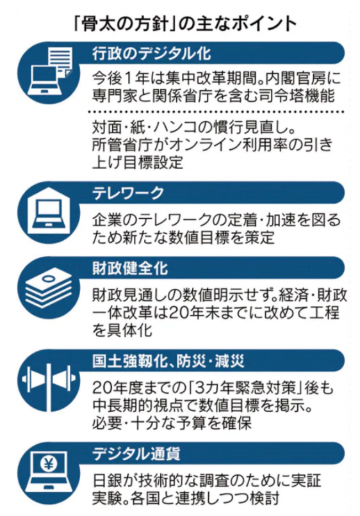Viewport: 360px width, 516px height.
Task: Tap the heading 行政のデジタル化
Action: coord(152,53)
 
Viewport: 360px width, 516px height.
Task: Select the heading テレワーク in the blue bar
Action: coord(128,193)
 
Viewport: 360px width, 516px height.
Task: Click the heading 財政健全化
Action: coord(130,268)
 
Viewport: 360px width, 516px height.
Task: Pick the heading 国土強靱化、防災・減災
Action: coord(168,361)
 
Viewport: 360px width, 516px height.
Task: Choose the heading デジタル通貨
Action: coord(136,454)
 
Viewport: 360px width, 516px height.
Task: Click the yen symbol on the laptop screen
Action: coord(49,464)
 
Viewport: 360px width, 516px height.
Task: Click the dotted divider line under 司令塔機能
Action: coord(216,112)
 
